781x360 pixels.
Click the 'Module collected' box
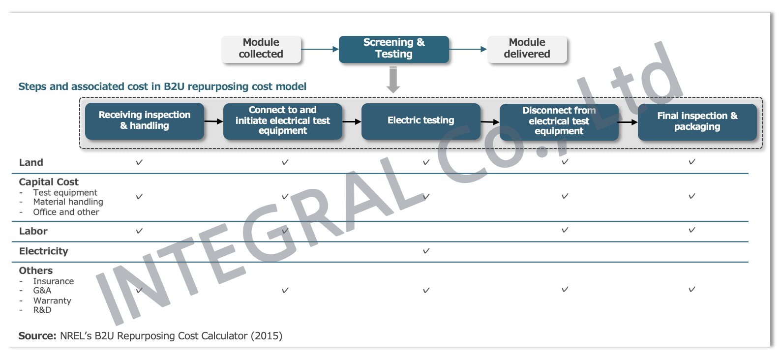pyautogui.click(x=261, y=50)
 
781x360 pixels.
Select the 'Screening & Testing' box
pyautogui.click(x=393, y=50)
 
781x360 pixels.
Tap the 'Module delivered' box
pyautogui.click(x=527, y=50)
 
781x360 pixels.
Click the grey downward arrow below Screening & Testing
pyautogui.click(x=393, y=80)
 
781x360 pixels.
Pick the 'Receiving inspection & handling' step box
pyautogui.click(x=144, y=121)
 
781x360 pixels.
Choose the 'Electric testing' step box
pyautogui.click(x=421, y=121)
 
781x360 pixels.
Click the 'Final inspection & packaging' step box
pyautogui.click(x=697, y=122)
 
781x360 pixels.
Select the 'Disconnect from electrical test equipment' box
pyautogui.click(x=559, y=122)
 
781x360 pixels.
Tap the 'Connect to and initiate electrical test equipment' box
pyautogui.click(x=282, y=121)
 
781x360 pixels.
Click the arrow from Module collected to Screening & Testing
pyautogui.click(x=320, y=49)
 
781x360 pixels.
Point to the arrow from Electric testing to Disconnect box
pyautogui.click(x=490, y=122)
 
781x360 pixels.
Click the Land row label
pyautogui.click(x=31, y=162)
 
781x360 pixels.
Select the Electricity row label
pyautogui.click(x=44, y=251)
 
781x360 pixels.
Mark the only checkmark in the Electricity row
pyautogui.click(x=426, y=251)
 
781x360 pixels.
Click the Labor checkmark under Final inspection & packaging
pyautogui.click(x=692, y=230)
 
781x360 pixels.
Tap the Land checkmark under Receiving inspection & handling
pyautogui.click(x=139, y=162)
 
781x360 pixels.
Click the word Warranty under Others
pyautogui.click(x=52, y=301)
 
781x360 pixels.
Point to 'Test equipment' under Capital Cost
pyautogui.click(x=65, y=192)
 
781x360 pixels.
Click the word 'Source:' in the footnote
pyautogui.click(x=37, y=335)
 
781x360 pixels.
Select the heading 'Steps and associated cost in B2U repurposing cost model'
pyautogui.click(x=162, y=87)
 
